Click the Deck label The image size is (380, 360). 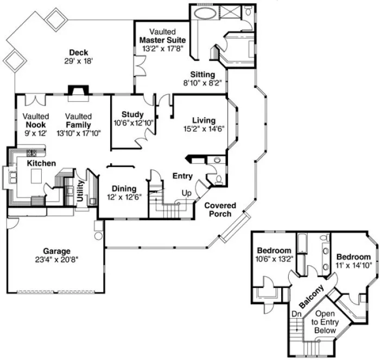[x=78, y=53]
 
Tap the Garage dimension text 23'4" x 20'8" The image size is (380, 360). [x=57, y=260]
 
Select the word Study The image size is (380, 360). [x=132, y=114]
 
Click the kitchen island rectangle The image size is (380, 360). [x=36, y=176]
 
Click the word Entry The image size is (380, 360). [x=182, y=176]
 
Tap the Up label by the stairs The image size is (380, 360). [x=185, y=193]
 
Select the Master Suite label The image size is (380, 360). [x=162, y=40]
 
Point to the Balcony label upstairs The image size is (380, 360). [x=312, y=295]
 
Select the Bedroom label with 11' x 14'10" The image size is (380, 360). [x=353, y=256]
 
